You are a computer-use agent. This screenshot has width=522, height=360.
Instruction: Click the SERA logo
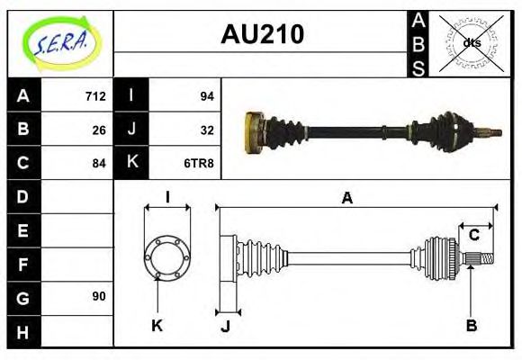tap(59, 42)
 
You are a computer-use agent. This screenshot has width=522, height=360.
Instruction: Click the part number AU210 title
tap(262, 34)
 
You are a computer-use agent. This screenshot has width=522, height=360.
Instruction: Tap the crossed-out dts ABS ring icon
tap(471, 42)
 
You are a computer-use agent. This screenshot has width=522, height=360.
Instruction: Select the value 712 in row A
tap(95, 96)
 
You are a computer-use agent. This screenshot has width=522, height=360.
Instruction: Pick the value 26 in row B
tap(99, 130)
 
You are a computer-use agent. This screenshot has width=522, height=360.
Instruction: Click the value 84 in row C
tap(99, 163)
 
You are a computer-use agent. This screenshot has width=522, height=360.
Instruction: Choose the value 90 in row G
tap(99, 296)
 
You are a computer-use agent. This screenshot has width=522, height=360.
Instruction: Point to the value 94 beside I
tap(206, 96)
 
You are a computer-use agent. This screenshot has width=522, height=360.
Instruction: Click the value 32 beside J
tap(206, 130)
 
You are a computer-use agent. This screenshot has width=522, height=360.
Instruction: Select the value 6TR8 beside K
tap(200, 163)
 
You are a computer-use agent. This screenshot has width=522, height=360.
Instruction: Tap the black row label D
tap(23, 196)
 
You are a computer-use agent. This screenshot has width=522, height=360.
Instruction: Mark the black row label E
tap(23, 229)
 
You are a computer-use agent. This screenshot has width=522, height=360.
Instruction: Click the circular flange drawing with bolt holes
tap(167, 256)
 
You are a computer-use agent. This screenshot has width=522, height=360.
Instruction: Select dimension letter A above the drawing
tap(347, 198)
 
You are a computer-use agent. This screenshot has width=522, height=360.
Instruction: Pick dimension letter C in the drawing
tap(473, 236)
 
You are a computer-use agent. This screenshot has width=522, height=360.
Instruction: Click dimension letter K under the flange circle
tap(157, 325)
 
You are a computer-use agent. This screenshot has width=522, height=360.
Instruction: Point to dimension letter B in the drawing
tap(471, 325)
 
